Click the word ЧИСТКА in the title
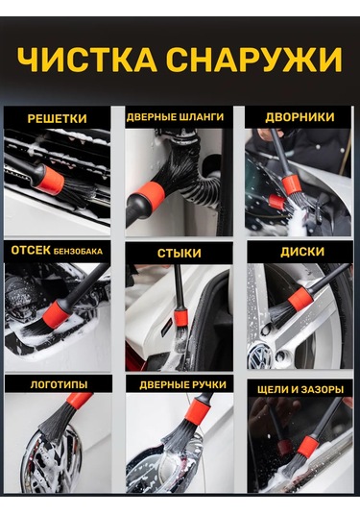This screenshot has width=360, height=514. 87,61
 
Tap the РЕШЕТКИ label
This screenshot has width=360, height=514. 58,118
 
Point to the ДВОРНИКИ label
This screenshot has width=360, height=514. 300,117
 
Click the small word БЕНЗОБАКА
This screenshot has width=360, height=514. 78,252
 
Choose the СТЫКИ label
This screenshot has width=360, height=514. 180,253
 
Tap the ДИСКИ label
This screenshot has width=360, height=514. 302,252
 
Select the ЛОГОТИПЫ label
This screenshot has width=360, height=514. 59,384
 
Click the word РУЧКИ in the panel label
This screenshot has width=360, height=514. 210,384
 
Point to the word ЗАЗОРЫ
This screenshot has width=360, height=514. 324,389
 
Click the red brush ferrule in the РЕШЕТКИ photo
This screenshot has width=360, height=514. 50,179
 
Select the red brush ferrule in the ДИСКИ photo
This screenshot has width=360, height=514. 300,299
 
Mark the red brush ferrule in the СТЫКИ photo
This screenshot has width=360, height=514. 180,316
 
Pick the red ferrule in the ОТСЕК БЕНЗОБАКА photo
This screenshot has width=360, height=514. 56,314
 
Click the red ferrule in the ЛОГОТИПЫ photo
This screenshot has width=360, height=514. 79,400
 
